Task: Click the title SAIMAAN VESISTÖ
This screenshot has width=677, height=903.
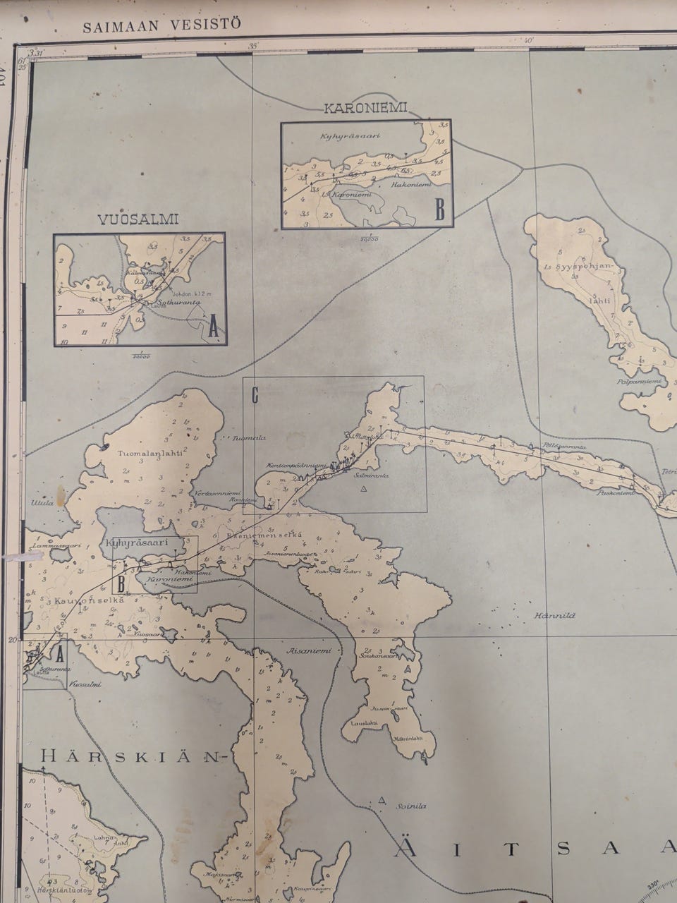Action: point(161,25)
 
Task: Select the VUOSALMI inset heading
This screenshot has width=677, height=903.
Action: point(140,219)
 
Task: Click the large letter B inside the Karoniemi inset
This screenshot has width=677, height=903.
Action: point(440,210)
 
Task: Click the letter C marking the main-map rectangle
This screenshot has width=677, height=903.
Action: point(255,396)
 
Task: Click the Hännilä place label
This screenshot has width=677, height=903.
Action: point(558,615)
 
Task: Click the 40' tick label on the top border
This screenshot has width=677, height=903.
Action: point(526,41)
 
